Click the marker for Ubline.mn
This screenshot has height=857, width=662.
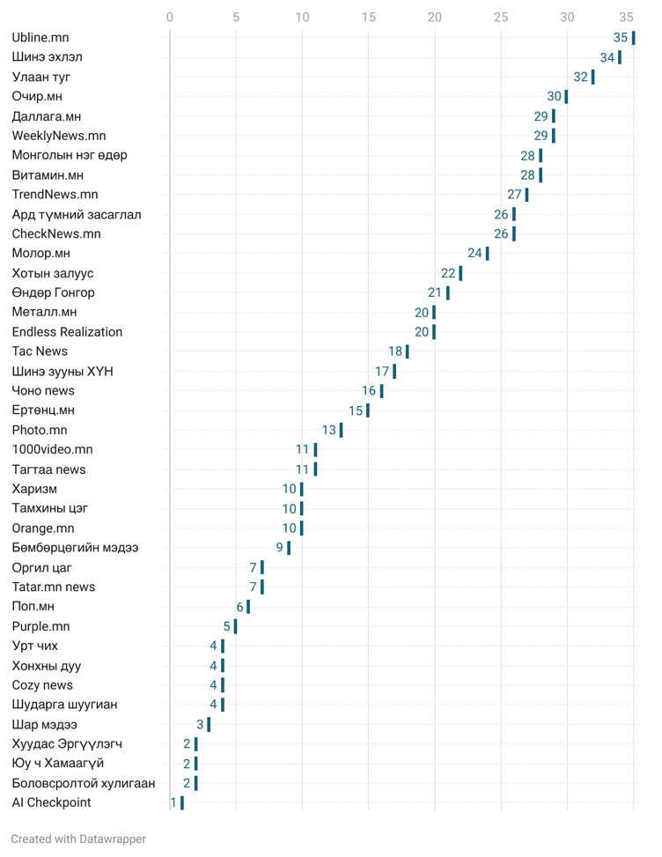pos(633,38)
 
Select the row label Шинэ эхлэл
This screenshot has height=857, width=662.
pos(47,57)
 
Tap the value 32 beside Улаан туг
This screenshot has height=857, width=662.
pos(580,78)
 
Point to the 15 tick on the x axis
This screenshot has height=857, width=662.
pos(368,17)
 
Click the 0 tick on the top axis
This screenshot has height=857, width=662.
pos(170,17)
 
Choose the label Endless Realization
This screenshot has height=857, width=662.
pos(67,332)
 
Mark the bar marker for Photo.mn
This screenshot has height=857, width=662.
pos(342,431)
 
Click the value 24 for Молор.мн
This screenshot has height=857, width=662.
pos(474,254)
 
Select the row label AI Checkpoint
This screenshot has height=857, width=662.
pos(51,803)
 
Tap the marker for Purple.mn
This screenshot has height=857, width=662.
pos(235,627)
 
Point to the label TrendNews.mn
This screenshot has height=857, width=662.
pos(55,195)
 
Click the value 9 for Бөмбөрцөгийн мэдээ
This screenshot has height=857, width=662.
pos(279,548)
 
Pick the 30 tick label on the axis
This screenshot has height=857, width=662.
pos(567,17)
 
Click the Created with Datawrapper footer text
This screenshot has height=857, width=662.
pos(78,839)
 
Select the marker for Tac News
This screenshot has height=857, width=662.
pos(408,351)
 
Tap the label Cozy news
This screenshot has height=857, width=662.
pos(42,685)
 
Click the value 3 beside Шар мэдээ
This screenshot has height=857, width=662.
pos(200,725)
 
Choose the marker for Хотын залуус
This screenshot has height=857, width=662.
pos(460,273)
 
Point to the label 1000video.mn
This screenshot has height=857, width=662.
pos(52,450)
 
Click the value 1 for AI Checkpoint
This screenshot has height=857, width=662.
pos(173,803)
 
